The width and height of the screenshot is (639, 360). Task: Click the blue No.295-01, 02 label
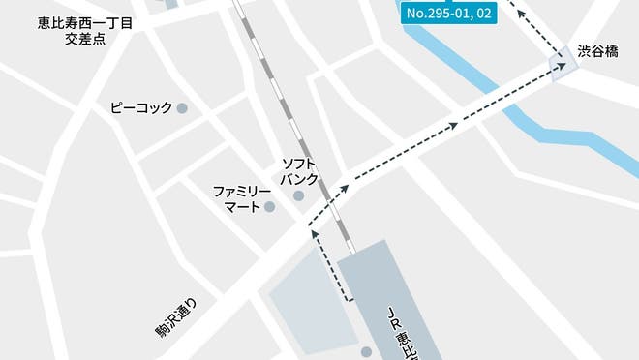[448, 15]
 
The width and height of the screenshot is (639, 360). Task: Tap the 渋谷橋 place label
[596, 51]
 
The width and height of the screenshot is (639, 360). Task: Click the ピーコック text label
[140, 107]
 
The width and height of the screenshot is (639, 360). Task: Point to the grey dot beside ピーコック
[181, 107]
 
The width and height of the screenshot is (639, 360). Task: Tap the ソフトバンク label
[298, 170]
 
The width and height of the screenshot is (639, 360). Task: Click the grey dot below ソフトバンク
[298, 196]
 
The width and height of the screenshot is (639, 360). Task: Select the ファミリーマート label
[235, 199]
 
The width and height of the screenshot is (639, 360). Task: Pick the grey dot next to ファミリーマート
[269, 207]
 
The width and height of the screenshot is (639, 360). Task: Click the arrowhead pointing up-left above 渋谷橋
[521, 13]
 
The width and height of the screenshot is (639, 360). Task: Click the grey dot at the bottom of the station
[366, 350]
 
